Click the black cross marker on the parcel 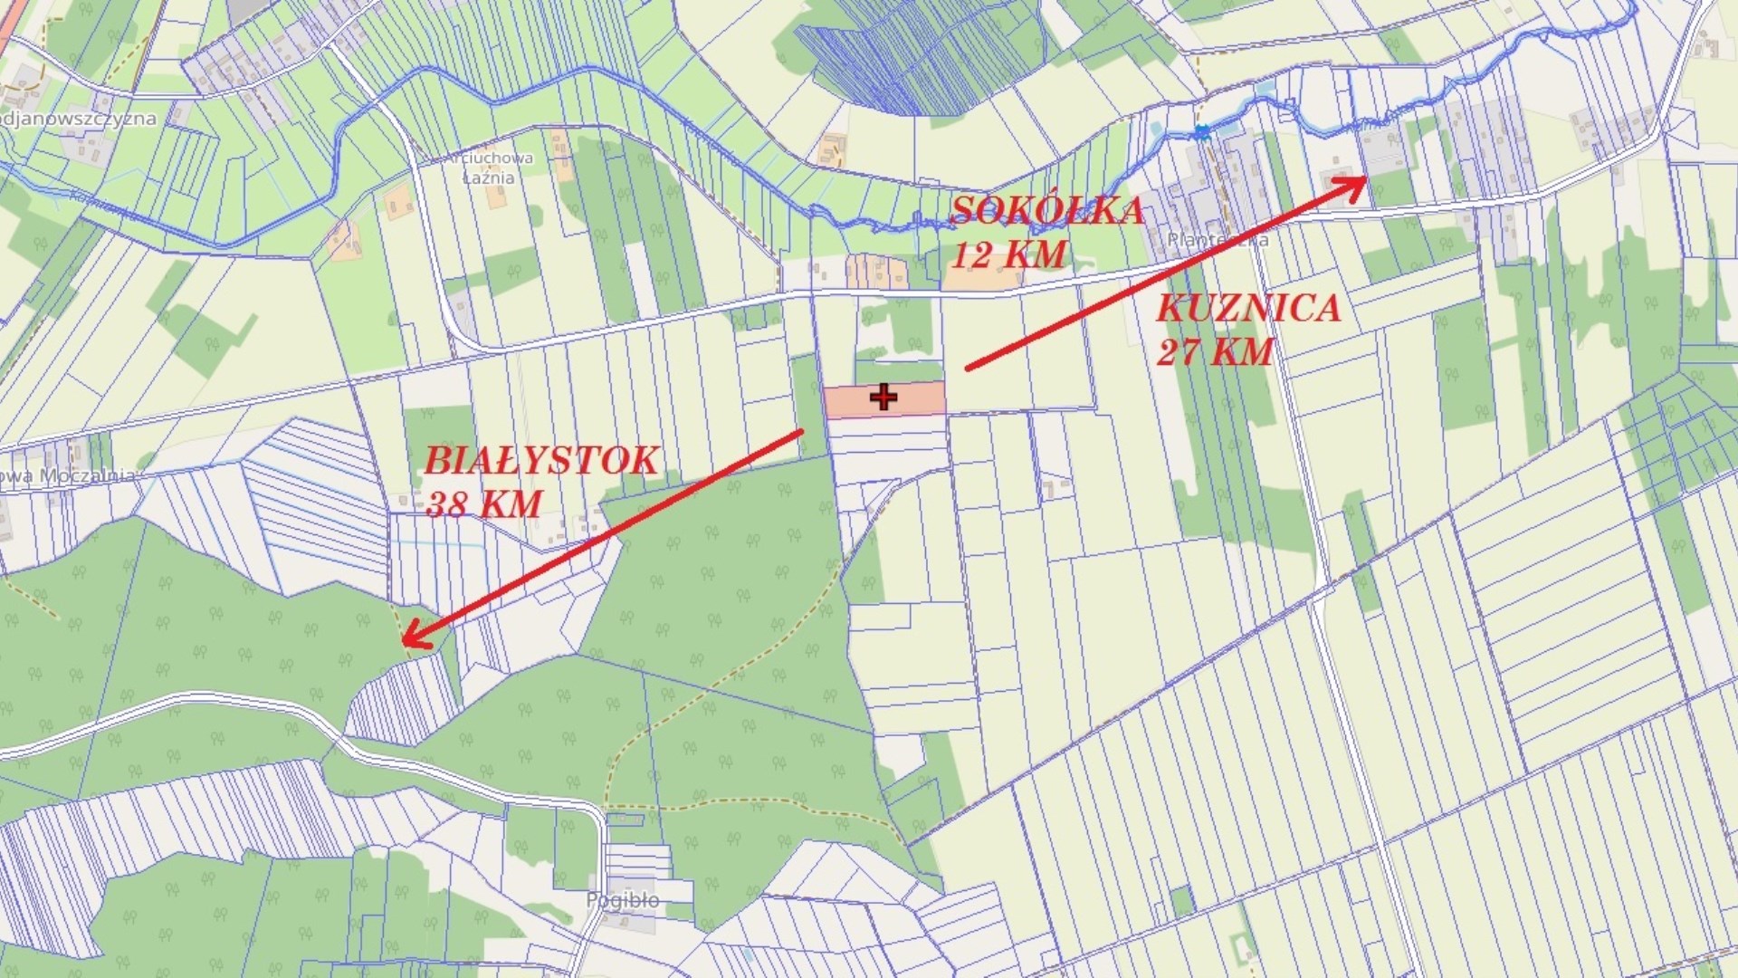click(x=883, y=397)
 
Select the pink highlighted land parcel click(x=914, y=399)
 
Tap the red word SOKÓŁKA click(x=1046, y=210)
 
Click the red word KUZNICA click(x=1248, y=309)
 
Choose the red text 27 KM click(x=1215, y=351)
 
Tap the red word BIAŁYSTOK click(x=540, y=461)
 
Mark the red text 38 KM click(x=483, y=504)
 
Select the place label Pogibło click(x=623, y=900)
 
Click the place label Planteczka click(x=1218, y=240)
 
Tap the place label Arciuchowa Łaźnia click(x=489, y=168)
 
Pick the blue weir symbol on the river click(x=1201, y=133)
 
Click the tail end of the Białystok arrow click(x=801, y=432)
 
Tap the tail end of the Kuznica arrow click(x=969, y=368)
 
